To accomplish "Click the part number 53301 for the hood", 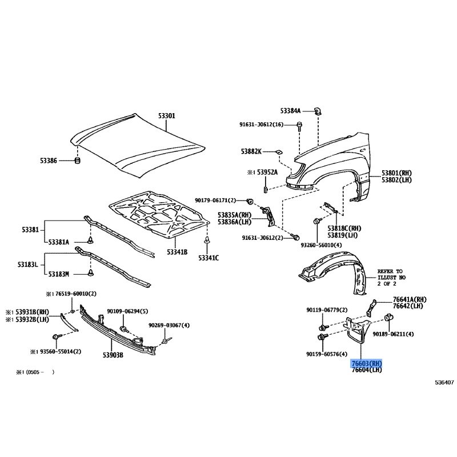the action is [x=167, y=116].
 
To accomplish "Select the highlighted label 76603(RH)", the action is [x=367, y=363].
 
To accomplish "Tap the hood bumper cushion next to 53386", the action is [x=78, y=161].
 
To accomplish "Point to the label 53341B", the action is [x=177, y=252].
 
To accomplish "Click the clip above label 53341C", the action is [x=207, y=240].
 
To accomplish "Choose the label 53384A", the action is [x=290, y=111].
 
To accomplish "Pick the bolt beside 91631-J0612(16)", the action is [x=299, y=125].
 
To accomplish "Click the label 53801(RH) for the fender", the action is [x=396, y=173].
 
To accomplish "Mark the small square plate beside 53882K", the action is [x=279, y=152].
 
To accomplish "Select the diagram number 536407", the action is [x=444, y=383].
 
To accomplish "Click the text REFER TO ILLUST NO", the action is [x=391, y=274].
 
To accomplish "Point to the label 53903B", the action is [x=113, y=355].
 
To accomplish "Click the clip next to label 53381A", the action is [x=91, y=240].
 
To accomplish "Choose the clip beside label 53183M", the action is [x=91, y=273].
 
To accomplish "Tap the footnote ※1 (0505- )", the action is [x=35, y=372].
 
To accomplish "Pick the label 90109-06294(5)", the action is [x=127, y=311].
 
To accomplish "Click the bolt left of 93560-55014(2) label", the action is [x=56, y=337].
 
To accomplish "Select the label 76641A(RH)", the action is [x=410, y=299].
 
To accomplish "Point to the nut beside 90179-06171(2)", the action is [x=250, y=201].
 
